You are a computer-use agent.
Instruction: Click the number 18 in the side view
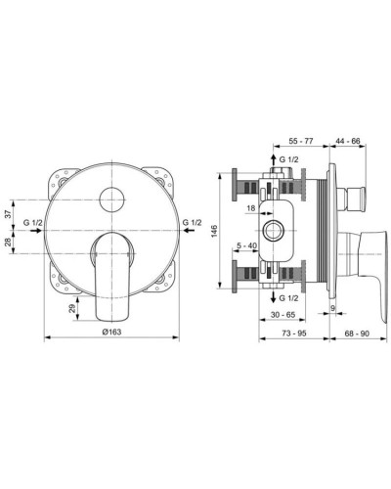click(x=252, y=207)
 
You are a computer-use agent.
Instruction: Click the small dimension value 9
click(x=331, y=308)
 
